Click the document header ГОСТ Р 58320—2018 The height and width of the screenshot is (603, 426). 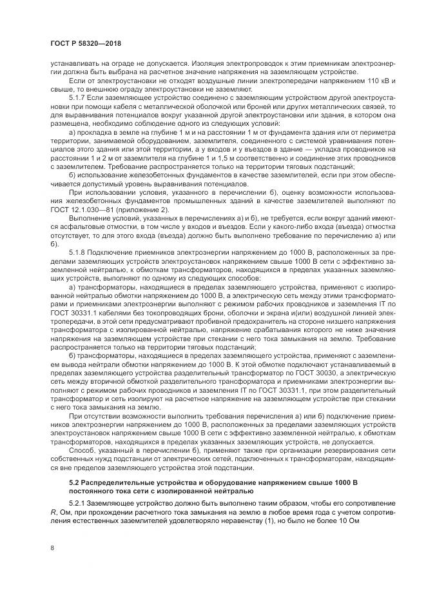[x=85, y=43]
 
